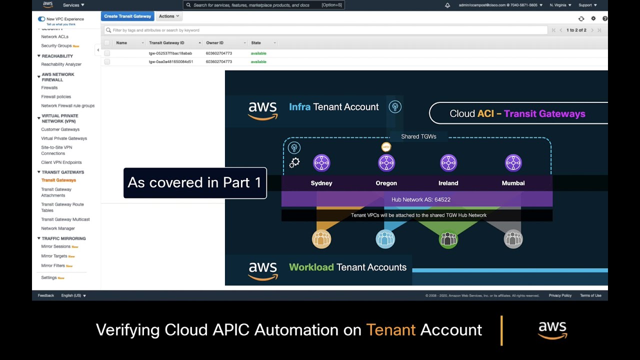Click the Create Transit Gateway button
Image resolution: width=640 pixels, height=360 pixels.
coord(127,16)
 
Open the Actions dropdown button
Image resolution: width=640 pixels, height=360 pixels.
coord(168,16)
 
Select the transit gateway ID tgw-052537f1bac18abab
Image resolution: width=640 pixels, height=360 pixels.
coord(170,53)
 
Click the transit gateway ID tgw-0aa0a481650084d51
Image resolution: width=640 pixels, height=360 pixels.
coord(170,62)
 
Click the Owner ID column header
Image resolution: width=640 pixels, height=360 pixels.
coord(215,43)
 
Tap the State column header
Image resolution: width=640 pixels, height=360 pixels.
coord(256,43)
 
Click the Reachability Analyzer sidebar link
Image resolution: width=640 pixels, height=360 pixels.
coord(61,64)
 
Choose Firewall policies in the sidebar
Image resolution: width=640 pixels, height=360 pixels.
coord(56,97)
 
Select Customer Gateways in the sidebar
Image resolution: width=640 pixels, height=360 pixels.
coord(60,129)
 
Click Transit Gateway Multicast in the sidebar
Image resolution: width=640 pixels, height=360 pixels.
coord(65,219)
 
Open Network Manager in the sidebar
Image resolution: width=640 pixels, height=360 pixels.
coord(58,228)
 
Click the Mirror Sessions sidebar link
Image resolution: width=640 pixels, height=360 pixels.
coord(56,246)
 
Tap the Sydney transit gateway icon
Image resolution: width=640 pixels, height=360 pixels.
coord(321,163)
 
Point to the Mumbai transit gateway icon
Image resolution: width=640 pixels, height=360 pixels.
coord(513,163)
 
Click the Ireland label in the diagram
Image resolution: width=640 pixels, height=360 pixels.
coord(448,183)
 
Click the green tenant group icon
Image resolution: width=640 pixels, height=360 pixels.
coord(448,239)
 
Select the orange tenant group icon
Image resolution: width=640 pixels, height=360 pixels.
coord(321,239)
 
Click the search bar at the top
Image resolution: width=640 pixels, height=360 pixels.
coord(264,5)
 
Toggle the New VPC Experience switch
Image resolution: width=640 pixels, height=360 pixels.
coord(41,19)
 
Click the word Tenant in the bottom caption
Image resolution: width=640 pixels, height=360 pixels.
coord(390,330)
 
